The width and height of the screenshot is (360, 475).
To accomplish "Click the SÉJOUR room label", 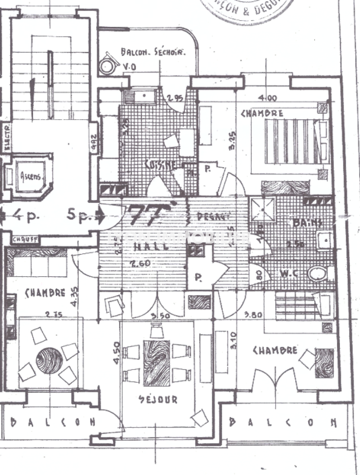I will click(x=158, y=399).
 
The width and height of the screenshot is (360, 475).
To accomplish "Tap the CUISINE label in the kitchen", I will click(x=162, y=164).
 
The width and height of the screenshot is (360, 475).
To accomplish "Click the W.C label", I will click(x=289, y=274).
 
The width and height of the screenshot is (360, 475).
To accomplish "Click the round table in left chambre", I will click(x=49, y=361).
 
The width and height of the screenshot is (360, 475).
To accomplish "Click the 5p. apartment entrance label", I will click(x=79, y=216).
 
